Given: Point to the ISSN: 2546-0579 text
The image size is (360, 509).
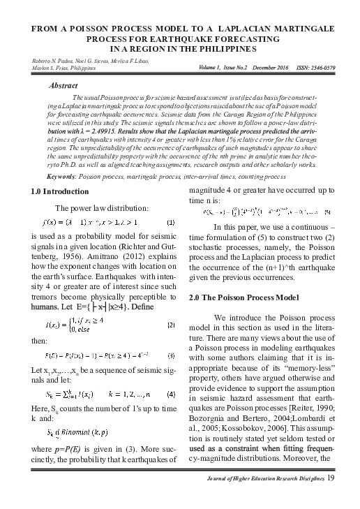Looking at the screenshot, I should click(311, 68).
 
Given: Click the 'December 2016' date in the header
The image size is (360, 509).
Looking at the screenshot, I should click(264, 68).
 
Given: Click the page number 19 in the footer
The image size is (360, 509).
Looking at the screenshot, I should click(331, 497).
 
